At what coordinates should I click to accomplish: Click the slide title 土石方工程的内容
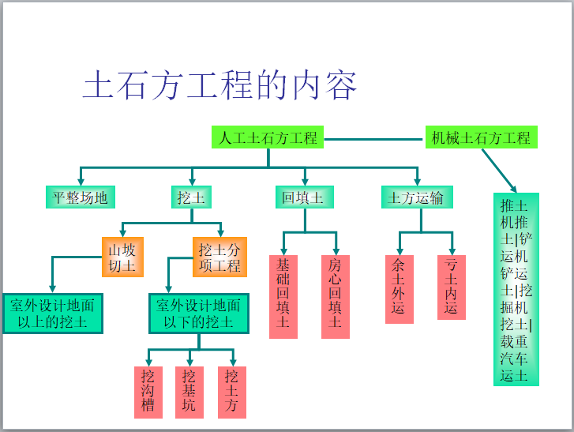220,86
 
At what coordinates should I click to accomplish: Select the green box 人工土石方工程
268,137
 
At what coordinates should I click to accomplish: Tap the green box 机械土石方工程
481,137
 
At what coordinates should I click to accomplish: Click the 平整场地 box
80,197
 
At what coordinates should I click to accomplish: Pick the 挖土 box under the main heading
190,197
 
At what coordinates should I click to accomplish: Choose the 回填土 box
303,197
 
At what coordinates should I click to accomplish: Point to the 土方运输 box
416,197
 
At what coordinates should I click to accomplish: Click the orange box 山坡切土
122,257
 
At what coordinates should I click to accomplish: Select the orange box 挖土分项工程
219,257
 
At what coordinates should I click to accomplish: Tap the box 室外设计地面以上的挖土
53,314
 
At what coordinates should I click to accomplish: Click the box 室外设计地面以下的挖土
199,314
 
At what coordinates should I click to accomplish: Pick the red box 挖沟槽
148,392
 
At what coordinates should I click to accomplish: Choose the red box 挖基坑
189,392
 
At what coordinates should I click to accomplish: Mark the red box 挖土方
231,392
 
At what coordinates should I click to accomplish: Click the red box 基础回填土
283,296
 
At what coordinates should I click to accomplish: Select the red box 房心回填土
336,296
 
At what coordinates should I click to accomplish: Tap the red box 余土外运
399,288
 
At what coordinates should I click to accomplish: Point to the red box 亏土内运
451,287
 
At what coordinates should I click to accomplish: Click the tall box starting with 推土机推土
516,289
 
